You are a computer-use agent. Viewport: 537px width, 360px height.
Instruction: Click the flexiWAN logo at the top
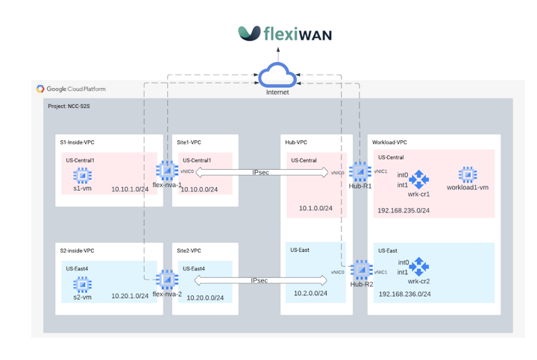click(x=285, y=34)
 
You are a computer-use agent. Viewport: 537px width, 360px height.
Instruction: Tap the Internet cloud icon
click(x=277, y=75)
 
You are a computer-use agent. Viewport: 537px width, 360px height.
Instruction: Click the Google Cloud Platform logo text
click(x=71, y=89)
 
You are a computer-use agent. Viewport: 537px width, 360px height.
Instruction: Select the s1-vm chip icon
click(x=82, y=175)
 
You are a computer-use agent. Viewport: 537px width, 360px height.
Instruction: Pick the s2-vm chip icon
click(x=82, y=284)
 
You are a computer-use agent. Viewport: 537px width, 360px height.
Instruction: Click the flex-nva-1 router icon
click(x=166, y=171)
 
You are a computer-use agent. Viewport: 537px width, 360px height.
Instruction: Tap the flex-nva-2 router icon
click(x=166, y=280)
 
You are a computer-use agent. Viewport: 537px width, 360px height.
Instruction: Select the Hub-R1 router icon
click(x=360, y=171)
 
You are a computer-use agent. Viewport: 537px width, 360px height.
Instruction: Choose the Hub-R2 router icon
click(x=362, y=270)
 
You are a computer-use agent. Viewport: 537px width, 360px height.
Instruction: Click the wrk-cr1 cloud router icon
click(x=419, y=179)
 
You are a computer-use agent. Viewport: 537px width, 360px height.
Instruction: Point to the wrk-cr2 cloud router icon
click(x=419, y=267)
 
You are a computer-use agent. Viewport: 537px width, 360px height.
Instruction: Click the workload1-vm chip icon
click(x=468, y=174)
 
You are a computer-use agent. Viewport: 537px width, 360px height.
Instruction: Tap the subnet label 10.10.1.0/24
click(x=130, y=189)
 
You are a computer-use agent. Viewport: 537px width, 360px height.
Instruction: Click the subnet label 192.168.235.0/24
click(x=403, y=210)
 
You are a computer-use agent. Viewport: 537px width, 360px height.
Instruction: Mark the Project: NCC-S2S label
click(x=69, y=107)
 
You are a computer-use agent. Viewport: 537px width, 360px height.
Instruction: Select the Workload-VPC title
click(x=389, y=142)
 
